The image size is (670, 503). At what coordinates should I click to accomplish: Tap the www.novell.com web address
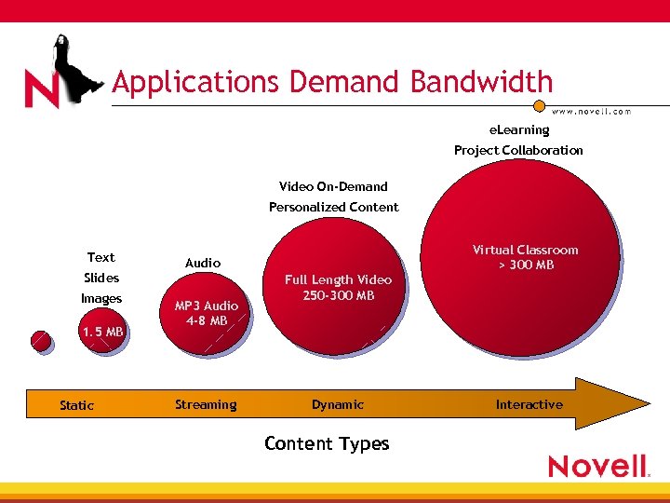[x=590, y=111]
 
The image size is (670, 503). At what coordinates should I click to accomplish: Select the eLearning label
[x=519, y=130]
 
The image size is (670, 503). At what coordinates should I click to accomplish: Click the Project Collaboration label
[x=518, y=150]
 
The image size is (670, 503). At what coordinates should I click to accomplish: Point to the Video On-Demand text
[x=333, y=186]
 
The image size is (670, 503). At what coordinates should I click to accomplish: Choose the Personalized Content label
[x=333, y=207]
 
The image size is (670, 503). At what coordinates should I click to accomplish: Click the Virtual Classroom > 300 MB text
[x=525, y=257]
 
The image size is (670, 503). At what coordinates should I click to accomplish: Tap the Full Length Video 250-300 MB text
[x=338, y=287]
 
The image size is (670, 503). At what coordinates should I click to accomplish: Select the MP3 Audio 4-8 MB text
[x=207, y=313]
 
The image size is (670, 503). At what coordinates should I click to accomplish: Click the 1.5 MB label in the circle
[x=101, y=332]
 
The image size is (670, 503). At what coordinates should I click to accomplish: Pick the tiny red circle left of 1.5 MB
[x=40, y=341]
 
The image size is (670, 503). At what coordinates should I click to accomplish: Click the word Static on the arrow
[x=76, y=405]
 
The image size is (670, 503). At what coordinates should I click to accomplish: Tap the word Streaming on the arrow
[x=206, y=404]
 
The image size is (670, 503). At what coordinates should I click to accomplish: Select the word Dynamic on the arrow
[x=338, y=404]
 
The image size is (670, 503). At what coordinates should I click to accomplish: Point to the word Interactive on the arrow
[x=529, y=404]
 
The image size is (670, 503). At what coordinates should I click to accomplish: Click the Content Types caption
[x=327, y=443]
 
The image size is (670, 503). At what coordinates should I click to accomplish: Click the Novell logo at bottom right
[x=597, y=466]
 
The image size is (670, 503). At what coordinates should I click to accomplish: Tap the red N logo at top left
[x=43, y=89]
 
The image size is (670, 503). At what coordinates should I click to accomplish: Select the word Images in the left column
[x=101, y=298]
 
